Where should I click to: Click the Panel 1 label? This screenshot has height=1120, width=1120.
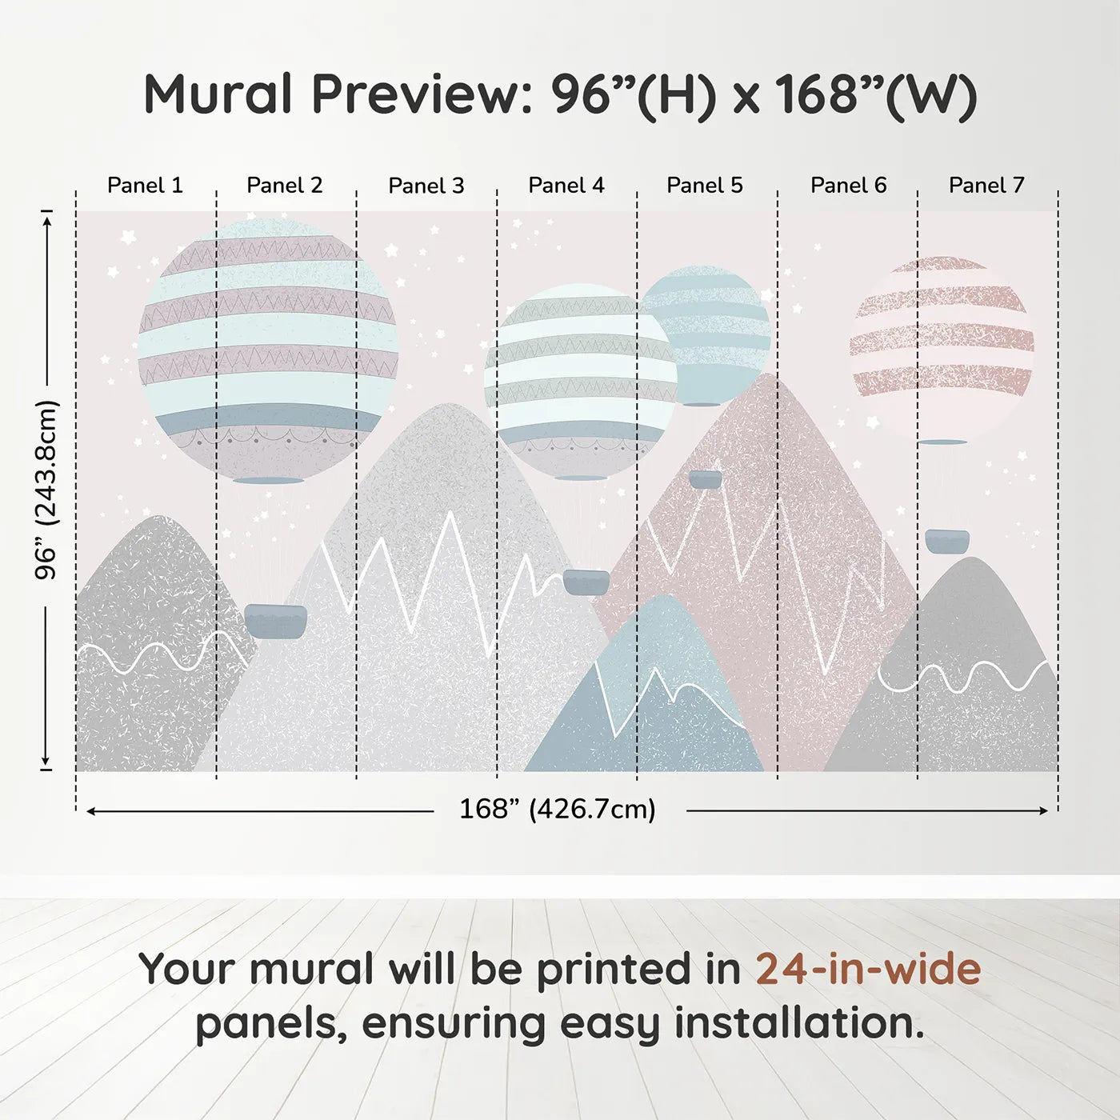tap(145, 186)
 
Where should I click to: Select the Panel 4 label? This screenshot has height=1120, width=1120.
tap(566, 186)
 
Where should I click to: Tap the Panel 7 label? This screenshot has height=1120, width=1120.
tap(986, 186)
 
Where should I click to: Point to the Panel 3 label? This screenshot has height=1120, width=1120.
tap(426, 186)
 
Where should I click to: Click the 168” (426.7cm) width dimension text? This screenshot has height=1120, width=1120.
tap(558, 810)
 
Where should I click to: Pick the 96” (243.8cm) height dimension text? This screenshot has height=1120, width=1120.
tap(46, 490)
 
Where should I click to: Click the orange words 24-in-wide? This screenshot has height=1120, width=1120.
tap(868, 969)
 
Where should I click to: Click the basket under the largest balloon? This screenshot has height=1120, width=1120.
tap(275, 621)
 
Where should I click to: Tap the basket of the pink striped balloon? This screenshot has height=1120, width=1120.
tap(947, 541)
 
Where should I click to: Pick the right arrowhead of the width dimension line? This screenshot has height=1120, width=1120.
tap(1043, 811)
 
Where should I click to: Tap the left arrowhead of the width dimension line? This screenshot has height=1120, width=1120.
tap(91, 811)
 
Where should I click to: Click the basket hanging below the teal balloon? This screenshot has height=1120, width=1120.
tap(705, 479)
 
